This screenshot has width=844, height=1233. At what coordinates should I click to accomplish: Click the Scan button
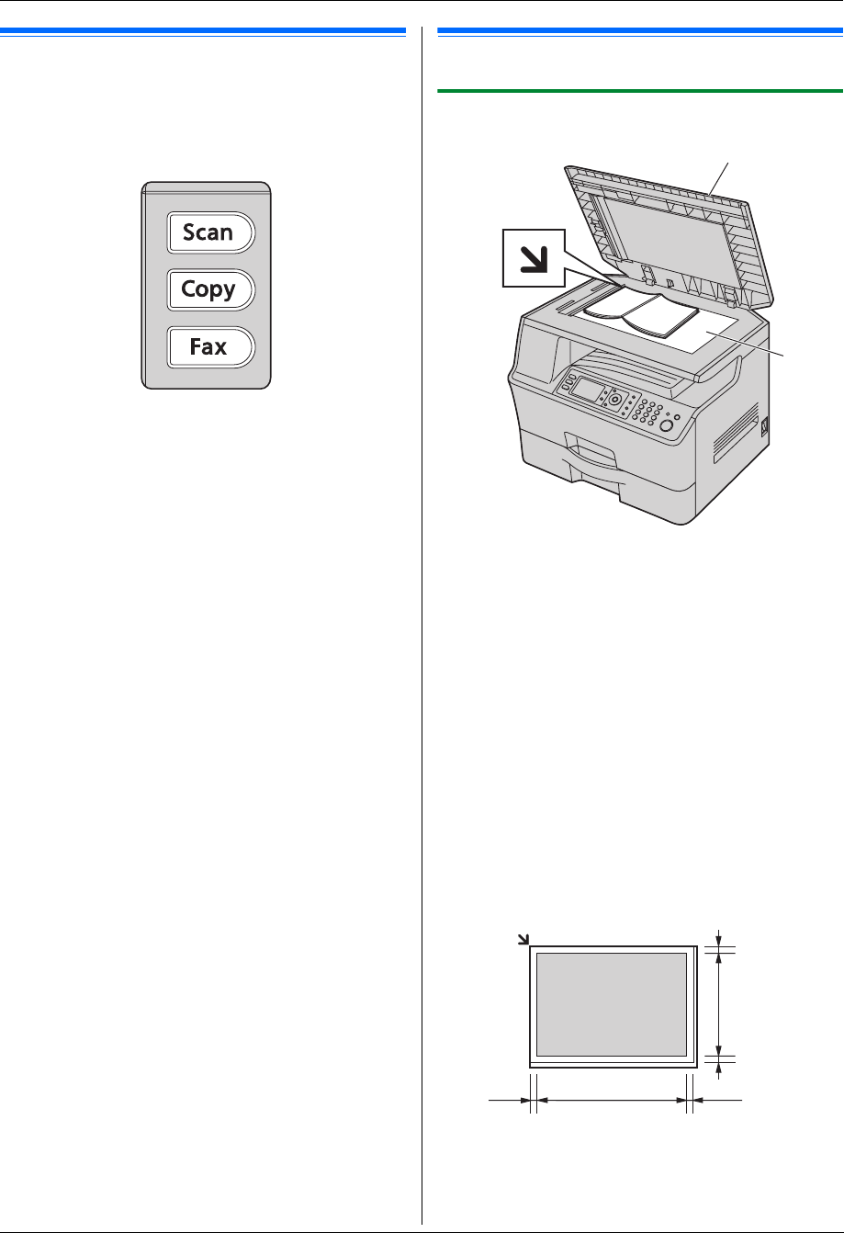pos(208,232)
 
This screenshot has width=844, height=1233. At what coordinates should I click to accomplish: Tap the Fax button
pos(208,348)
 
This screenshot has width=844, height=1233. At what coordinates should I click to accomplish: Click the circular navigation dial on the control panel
pos(613,401)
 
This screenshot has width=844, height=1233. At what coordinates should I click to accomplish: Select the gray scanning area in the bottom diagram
pos(611,1004)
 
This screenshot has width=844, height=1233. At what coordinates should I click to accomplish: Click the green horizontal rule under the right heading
pos(640,91)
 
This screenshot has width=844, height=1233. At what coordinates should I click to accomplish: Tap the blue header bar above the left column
pos(203,31)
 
